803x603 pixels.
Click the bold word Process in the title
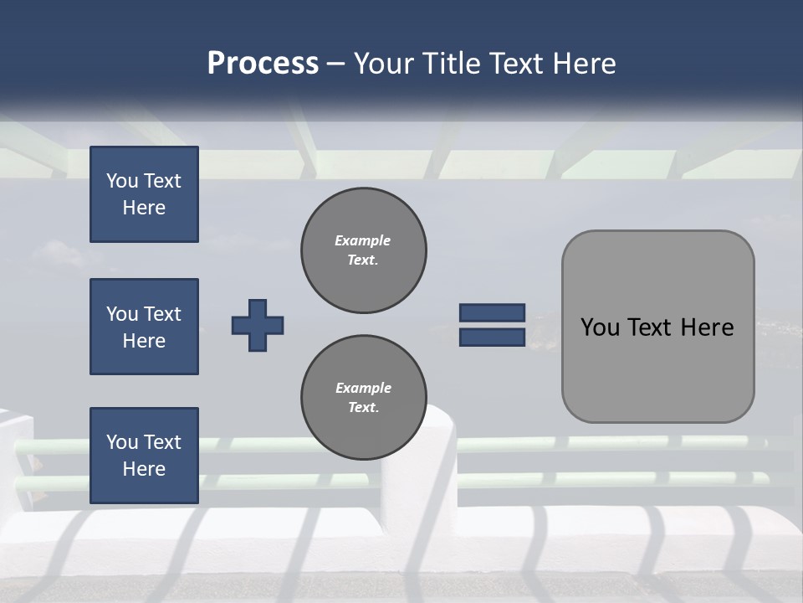point(263,64)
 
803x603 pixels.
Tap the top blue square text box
point(144,194)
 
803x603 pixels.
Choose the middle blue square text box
point(144,327)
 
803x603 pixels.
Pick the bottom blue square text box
point(144,456)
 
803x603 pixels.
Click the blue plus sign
point(258,325)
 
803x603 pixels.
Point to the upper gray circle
point(363,250)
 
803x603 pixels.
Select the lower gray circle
point(363,398)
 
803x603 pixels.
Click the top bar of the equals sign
point(492,313)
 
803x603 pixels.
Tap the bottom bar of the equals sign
point(492,337)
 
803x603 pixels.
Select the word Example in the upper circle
point(363,241)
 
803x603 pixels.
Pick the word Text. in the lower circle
point(363,408)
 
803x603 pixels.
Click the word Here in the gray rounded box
point(707,327)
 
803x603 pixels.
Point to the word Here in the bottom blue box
point(144,469)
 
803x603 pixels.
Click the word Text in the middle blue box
point(162,314)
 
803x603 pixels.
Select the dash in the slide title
point(335,64)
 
